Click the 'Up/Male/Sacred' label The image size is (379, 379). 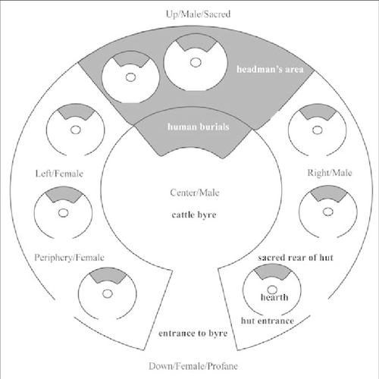pos(198,14)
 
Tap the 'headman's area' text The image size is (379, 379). pos(270,69)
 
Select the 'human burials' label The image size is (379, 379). pos(199,127)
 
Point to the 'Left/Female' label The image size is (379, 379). pos(59,174)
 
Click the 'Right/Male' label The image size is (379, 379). pos(330,173)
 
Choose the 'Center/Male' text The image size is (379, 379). pos(195,193)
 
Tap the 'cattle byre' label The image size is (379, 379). pos(194,215)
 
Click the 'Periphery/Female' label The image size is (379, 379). pos(69,258)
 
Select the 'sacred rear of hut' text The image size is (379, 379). pos(296,258)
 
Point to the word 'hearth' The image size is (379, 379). pos(274,297)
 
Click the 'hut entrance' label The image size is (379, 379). pos(268,321)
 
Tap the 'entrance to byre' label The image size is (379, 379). pos(193,334)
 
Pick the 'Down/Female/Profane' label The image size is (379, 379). pos(193,366)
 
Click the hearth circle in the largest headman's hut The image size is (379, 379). pos(196,62)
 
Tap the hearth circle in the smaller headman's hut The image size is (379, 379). pos(130,77)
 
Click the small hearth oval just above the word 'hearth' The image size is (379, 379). pos(272,290)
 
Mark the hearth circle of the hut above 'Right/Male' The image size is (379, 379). pos(318,130)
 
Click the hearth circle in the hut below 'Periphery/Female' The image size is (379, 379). pos(108,294)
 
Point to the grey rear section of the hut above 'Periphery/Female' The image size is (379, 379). pos(64,194)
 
